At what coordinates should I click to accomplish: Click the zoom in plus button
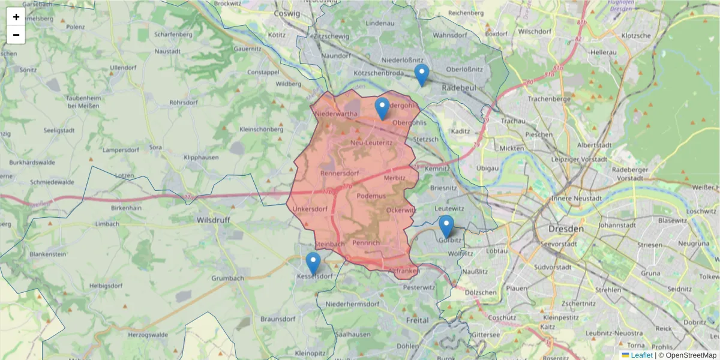[x=16, y=17]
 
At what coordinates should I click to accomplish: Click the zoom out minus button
[x=16, y=35]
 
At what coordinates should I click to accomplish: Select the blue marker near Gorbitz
[x=446, y=226]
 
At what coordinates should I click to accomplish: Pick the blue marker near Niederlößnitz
[x=422, y=74]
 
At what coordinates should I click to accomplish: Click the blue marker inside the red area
[x=382, y=108]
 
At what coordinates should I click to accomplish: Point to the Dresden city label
[x=566, y=229]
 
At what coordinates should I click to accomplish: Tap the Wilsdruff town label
[x=214, y=220]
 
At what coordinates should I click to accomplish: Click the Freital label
[x=418, y=320]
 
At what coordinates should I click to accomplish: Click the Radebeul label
[x=458, y=88]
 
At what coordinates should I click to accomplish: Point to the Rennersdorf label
[x=340, y=174]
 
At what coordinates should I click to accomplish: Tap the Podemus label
[x=371, y=196]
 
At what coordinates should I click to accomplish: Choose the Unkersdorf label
[x=310, y=209]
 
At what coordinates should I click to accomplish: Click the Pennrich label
[x=366, y=243]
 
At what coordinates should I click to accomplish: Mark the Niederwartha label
[x=336, y=113]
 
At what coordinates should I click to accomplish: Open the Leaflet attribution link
[x=641, y=355]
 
